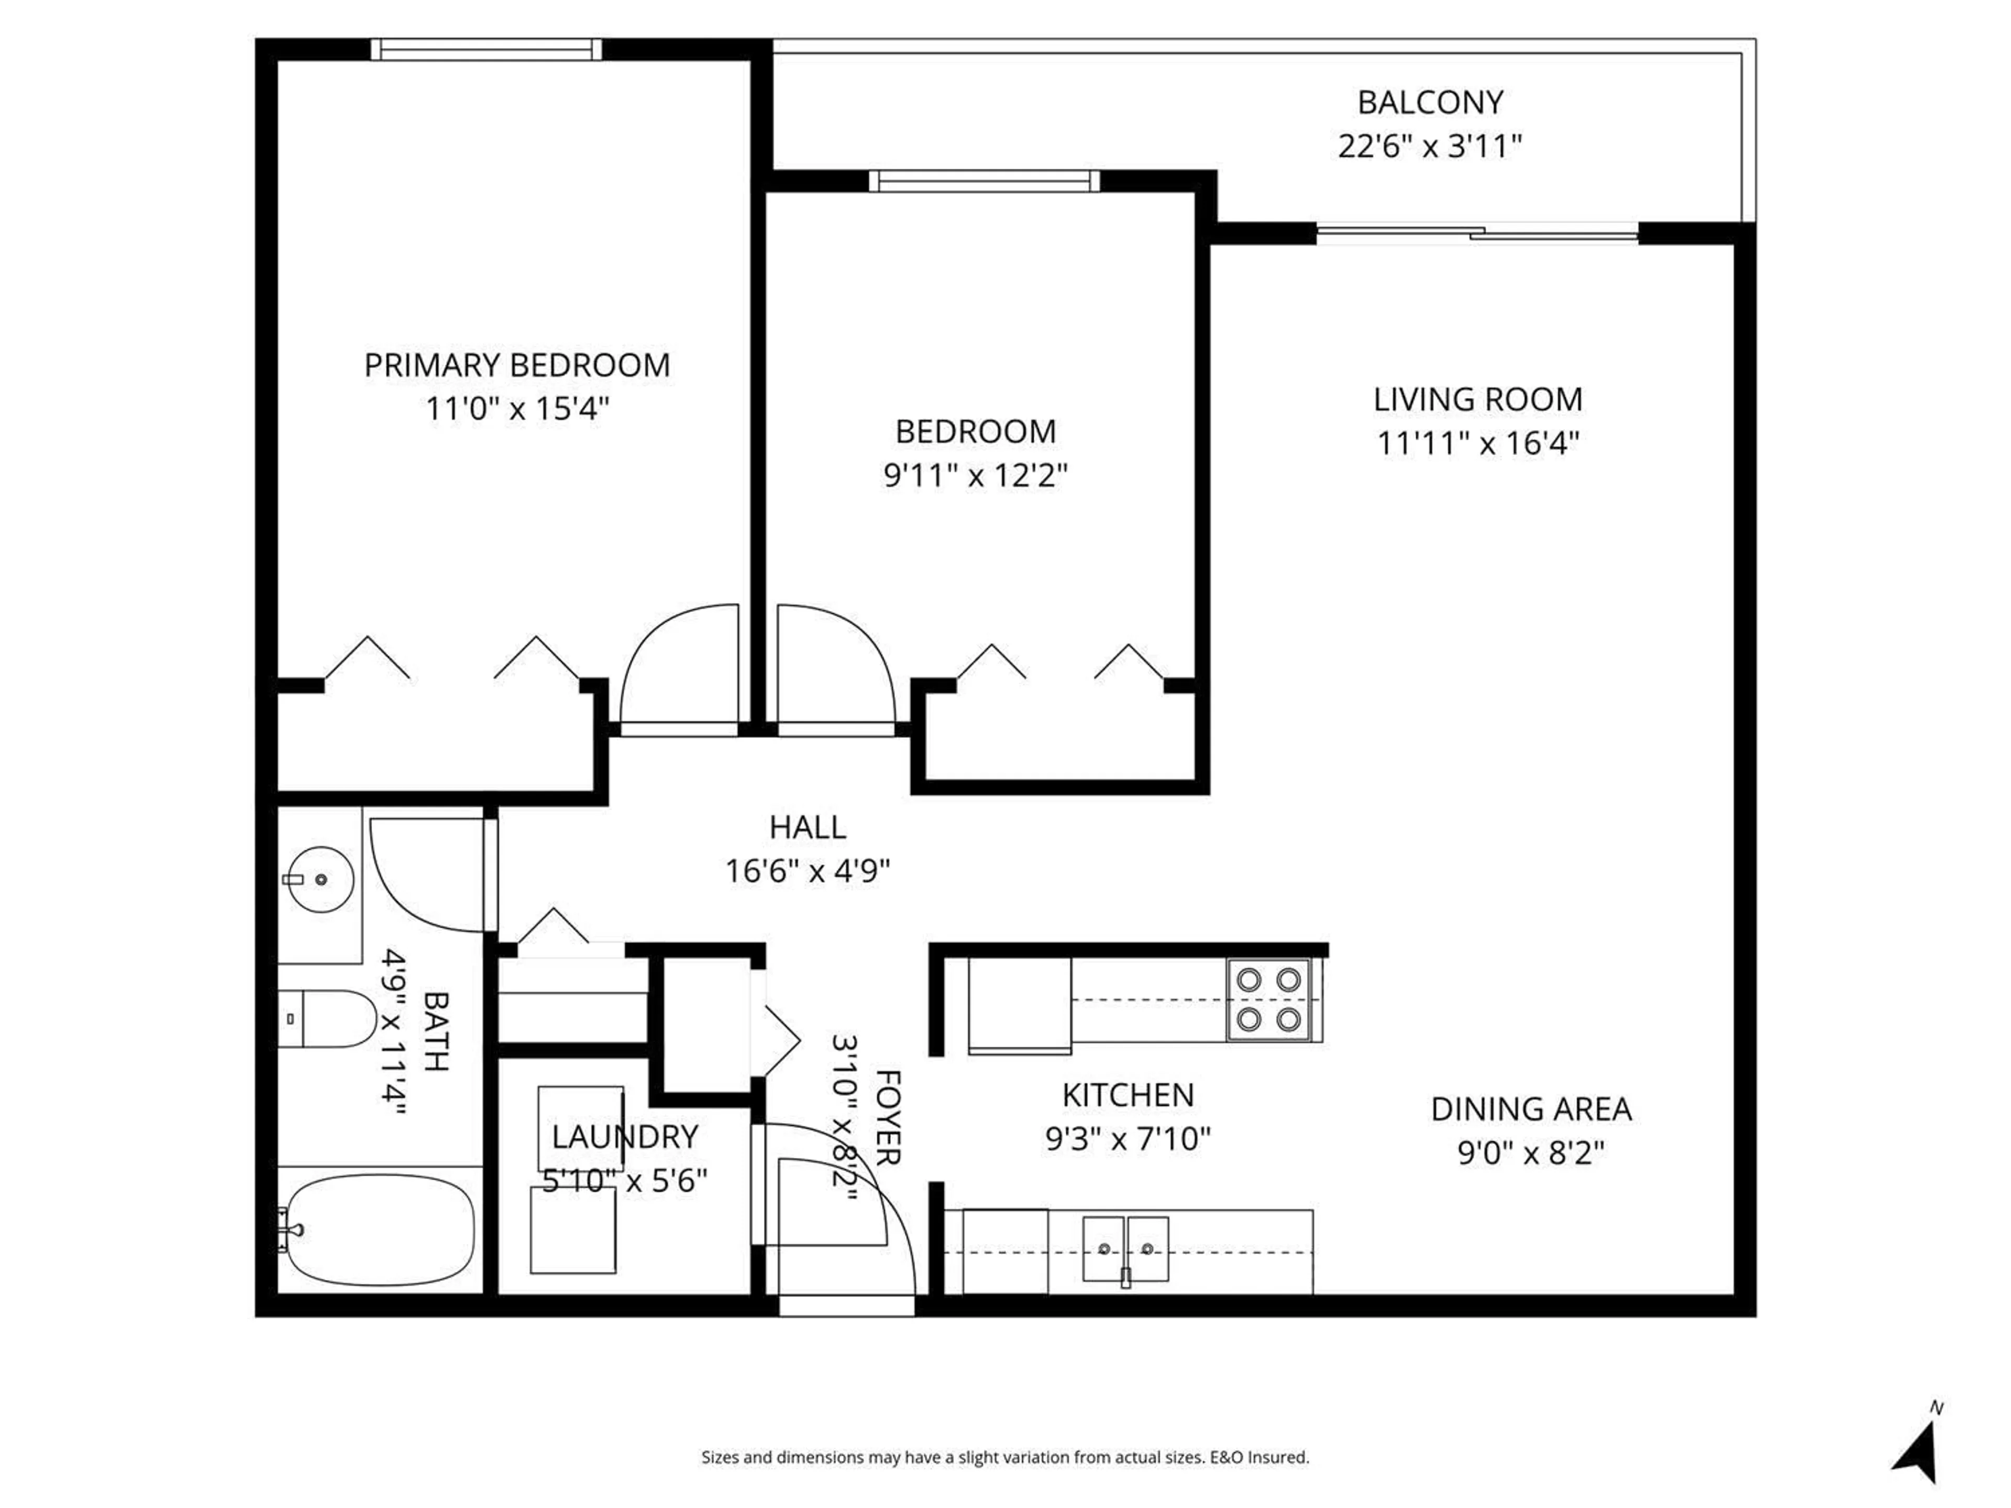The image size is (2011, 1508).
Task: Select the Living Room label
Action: [x=1477, y=400]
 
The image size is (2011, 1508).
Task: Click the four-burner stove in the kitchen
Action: [x=1268, y=1000]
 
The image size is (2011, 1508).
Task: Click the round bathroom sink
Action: [x=318, y=879]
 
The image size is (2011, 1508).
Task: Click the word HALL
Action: [x=808, y=827]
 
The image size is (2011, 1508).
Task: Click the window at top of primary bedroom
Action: [x=487, y=49]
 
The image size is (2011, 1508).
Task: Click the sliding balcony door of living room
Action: [x=1477, y=234]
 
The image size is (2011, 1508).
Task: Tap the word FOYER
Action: [x=887, y=1117]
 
